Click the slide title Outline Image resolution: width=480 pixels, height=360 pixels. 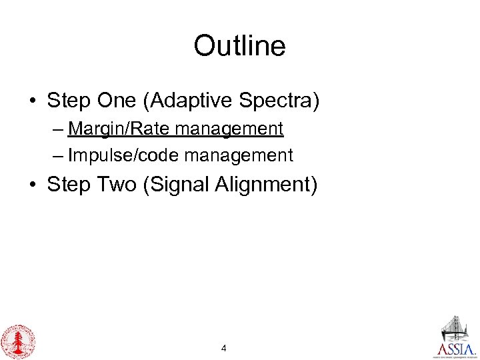pos(239,46)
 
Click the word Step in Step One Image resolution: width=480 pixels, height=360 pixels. pos(67,101)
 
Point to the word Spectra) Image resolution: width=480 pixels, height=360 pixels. pos(284,101)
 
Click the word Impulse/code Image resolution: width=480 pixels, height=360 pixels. pos(124,155)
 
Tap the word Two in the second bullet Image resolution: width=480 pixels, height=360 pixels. pos(117,184)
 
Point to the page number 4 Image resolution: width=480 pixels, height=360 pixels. pos(223,348)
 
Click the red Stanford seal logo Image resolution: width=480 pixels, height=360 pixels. pos(17,341)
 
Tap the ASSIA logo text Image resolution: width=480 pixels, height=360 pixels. pos(457,349)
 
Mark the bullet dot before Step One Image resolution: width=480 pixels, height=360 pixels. pos(32,102)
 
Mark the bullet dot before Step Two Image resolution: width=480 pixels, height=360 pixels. pos(32,185)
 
